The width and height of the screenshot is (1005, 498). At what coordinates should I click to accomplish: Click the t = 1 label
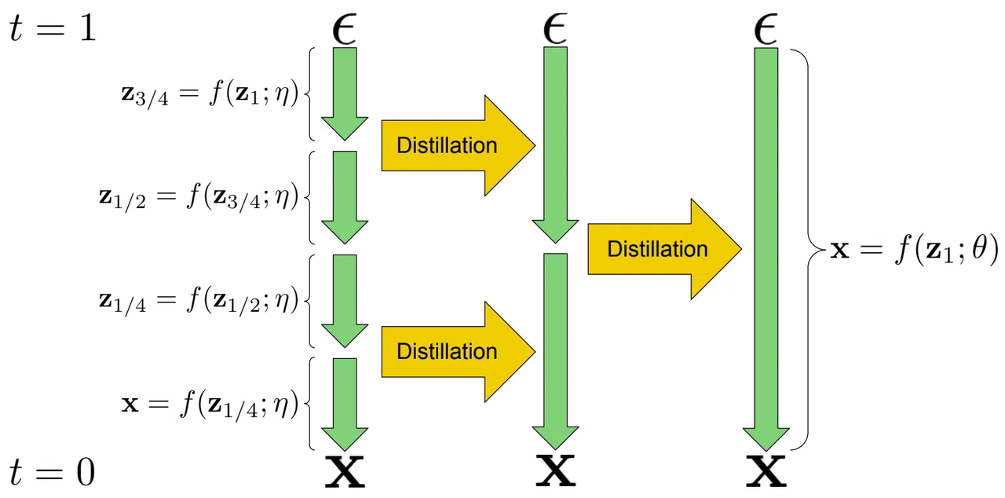[x=52, y=30]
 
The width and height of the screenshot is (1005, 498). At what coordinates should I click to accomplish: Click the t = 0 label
[x=52, y=472]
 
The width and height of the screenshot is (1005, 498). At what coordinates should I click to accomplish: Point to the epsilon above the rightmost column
[x=766, y=30]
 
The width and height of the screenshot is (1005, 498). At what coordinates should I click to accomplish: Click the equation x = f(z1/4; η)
[x=210, y=405]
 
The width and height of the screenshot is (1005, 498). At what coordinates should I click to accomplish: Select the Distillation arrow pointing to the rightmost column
[x=664, y=249]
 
